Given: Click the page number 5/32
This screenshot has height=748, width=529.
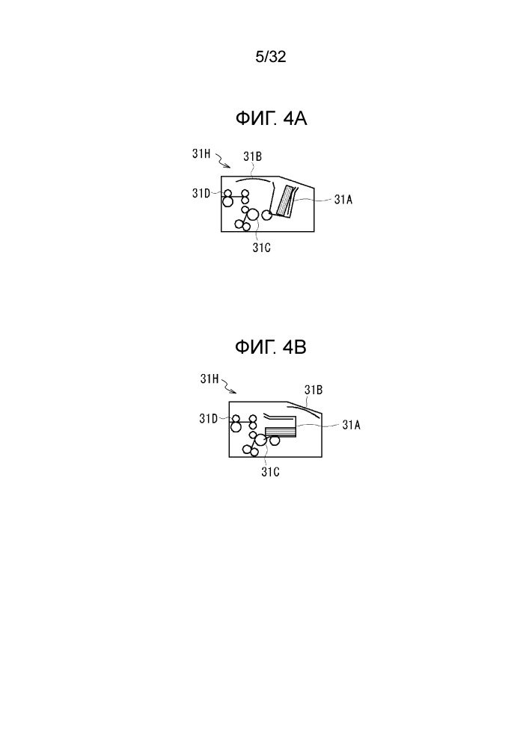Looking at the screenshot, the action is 270,58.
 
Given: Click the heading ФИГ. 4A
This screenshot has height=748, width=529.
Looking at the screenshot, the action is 271,118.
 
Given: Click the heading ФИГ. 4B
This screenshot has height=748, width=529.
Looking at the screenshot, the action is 270,347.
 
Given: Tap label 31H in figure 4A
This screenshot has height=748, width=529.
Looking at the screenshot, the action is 201,153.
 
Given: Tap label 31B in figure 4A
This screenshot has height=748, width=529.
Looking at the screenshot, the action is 252,156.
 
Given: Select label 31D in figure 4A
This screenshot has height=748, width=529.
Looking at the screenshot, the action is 201,193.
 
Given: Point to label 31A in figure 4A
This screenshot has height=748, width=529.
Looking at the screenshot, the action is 343,200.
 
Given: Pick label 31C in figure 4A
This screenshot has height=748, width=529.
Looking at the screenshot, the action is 261,248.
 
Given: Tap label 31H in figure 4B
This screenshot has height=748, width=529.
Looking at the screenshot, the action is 210,379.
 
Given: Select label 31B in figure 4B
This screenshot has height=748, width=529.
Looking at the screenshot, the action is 314,390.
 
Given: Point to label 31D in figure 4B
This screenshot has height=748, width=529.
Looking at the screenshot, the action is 209,419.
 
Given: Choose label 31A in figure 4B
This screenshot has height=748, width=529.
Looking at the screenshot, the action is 351,425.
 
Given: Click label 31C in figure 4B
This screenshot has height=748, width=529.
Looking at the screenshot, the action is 270,472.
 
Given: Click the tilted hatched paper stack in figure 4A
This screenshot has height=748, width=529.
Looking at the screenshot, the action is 285,202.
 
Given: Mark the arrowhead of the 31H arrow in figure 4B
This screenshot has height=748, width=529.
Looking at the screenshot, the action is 236,393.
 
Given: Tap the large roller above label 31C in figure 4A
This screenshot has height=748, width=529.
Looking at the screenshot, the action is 253,215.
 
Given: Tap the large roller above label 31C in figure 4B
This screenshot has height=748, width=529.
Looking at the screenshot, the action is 260,441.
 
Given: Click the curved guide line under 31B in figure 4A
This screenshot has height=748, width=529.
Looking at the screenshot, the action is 254,179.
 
